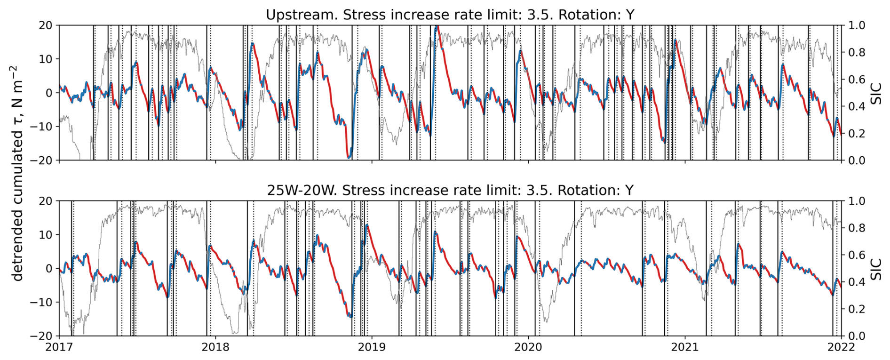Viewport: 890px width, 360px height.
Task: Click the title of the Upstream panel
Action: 450,15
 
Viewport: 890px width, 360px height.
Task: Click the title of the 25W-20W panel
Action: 450,190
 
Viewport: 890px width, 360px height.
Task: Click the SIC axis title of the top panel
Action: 876,92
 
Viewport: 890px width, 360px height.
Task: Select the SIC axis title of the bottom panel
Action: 876,268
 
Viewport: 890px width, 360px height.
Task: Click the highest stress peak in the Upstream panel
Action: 437,27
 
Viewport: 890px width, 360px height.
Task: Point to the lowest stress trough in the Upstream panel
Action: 349,158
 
